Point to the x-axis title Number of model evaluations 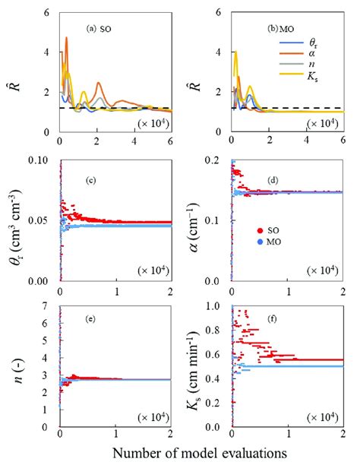point(199,452)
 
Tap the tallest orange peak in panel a point(66,38)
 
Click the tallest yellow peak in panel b point(236,52)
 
